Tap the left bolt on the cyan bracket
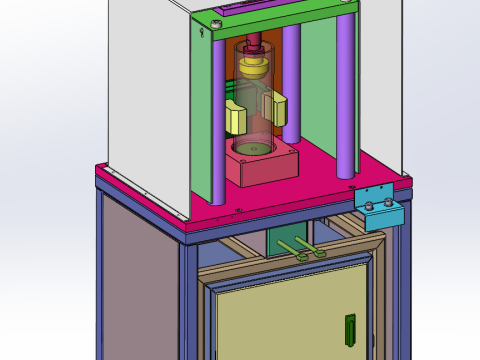click(369, 207)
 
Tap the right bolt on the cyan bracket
click(390, 205)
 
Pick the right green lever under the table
click(313, 247)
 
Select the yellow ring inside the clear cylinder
click(255, 66)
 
